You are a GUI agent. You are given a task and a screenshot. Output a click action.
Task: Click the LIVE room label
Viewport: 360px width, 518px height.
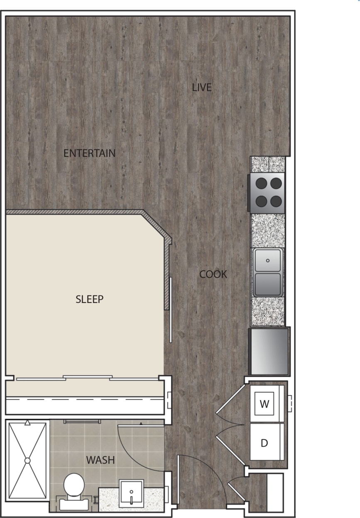[202, 88]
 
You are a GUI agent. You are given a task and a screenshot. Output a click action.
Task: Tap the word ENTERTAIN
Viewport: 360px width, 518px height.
[89, 153]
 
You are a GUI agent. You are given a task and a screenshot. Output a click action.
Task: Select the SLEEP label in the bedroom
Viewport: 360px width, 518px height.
[89, 299]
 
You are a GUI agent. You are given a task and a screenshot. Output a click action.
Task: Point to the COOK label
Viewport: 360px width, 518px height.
[213, 274]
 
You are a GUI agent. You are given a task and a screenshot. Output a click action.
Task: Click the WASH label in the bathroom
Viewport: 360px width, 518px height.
[100, 460]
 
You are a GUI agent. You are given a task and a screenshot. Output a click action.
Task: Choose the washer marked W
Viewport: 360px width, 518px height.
[264, 403]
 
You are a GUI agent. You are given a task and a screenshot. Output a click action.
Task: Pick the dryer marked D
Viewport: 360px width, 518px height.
[264, 443]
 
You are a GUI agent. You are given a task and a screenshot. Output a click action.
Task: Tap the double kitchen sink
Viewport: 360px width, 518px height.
[268, 272]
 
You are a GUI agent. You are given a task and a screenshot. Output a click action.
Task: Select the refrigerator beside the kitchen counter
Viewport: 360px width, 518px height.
[269, 351]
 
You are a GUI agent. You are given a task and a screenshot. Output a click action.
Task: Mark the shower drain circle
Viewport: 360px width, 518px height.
[27, 460]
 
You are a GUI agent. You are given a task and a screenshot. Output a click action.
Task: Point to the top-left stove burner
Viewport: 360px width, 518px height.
[261, 183]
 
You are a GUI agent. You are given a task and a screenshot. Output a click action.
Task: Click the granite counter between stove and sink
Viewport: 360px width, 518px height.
[268, 230]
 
